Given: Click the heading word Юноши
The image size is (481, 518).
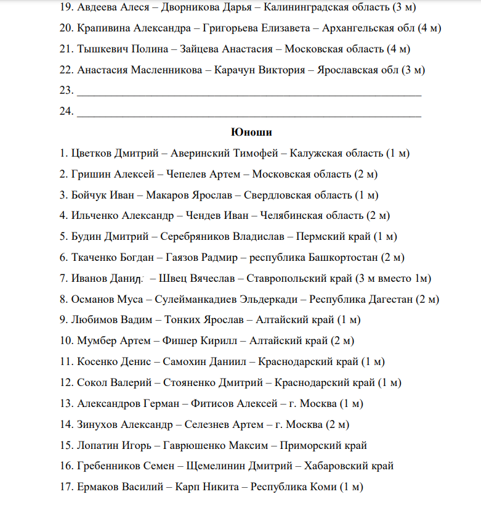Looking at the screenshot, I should pyautogui.click(x=251, y=132).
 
